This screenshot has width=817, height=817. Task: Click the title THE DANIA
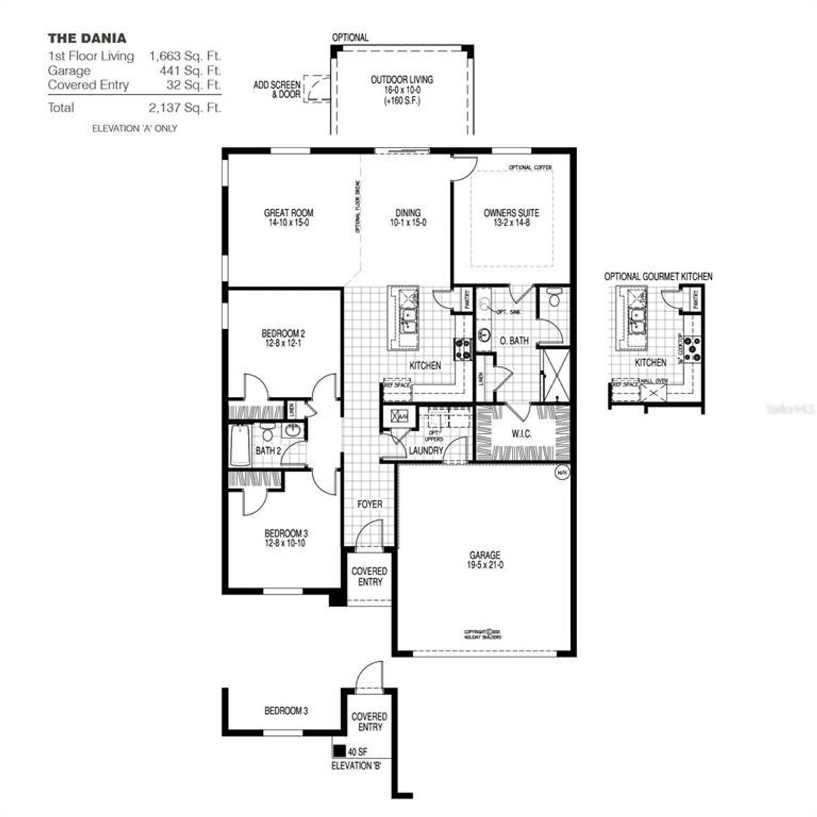(87, 38)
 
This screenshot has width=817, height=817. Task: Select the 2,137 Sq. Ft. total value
(185, 107)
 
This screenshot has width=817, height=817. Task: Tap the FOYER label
(370, 504)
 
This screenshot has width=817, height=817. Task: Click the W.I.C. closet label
(521, 434)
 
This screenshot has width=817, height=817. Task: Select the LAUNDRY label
(426, 451)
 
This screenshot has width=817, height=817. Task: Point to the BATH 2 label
(268, 451)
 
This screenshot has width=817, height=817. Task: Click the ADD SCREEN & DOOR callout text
(277, 89)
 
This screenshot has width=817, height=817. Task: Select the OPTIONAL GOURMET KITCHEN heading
(658, 276)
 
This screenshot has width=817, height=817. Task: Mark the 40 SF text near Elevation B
(358, 751)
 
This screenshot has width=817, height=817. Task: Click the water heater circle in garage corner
(562, 473)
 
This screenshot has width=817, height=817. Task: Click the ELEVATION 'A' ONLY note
(135, 128)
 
